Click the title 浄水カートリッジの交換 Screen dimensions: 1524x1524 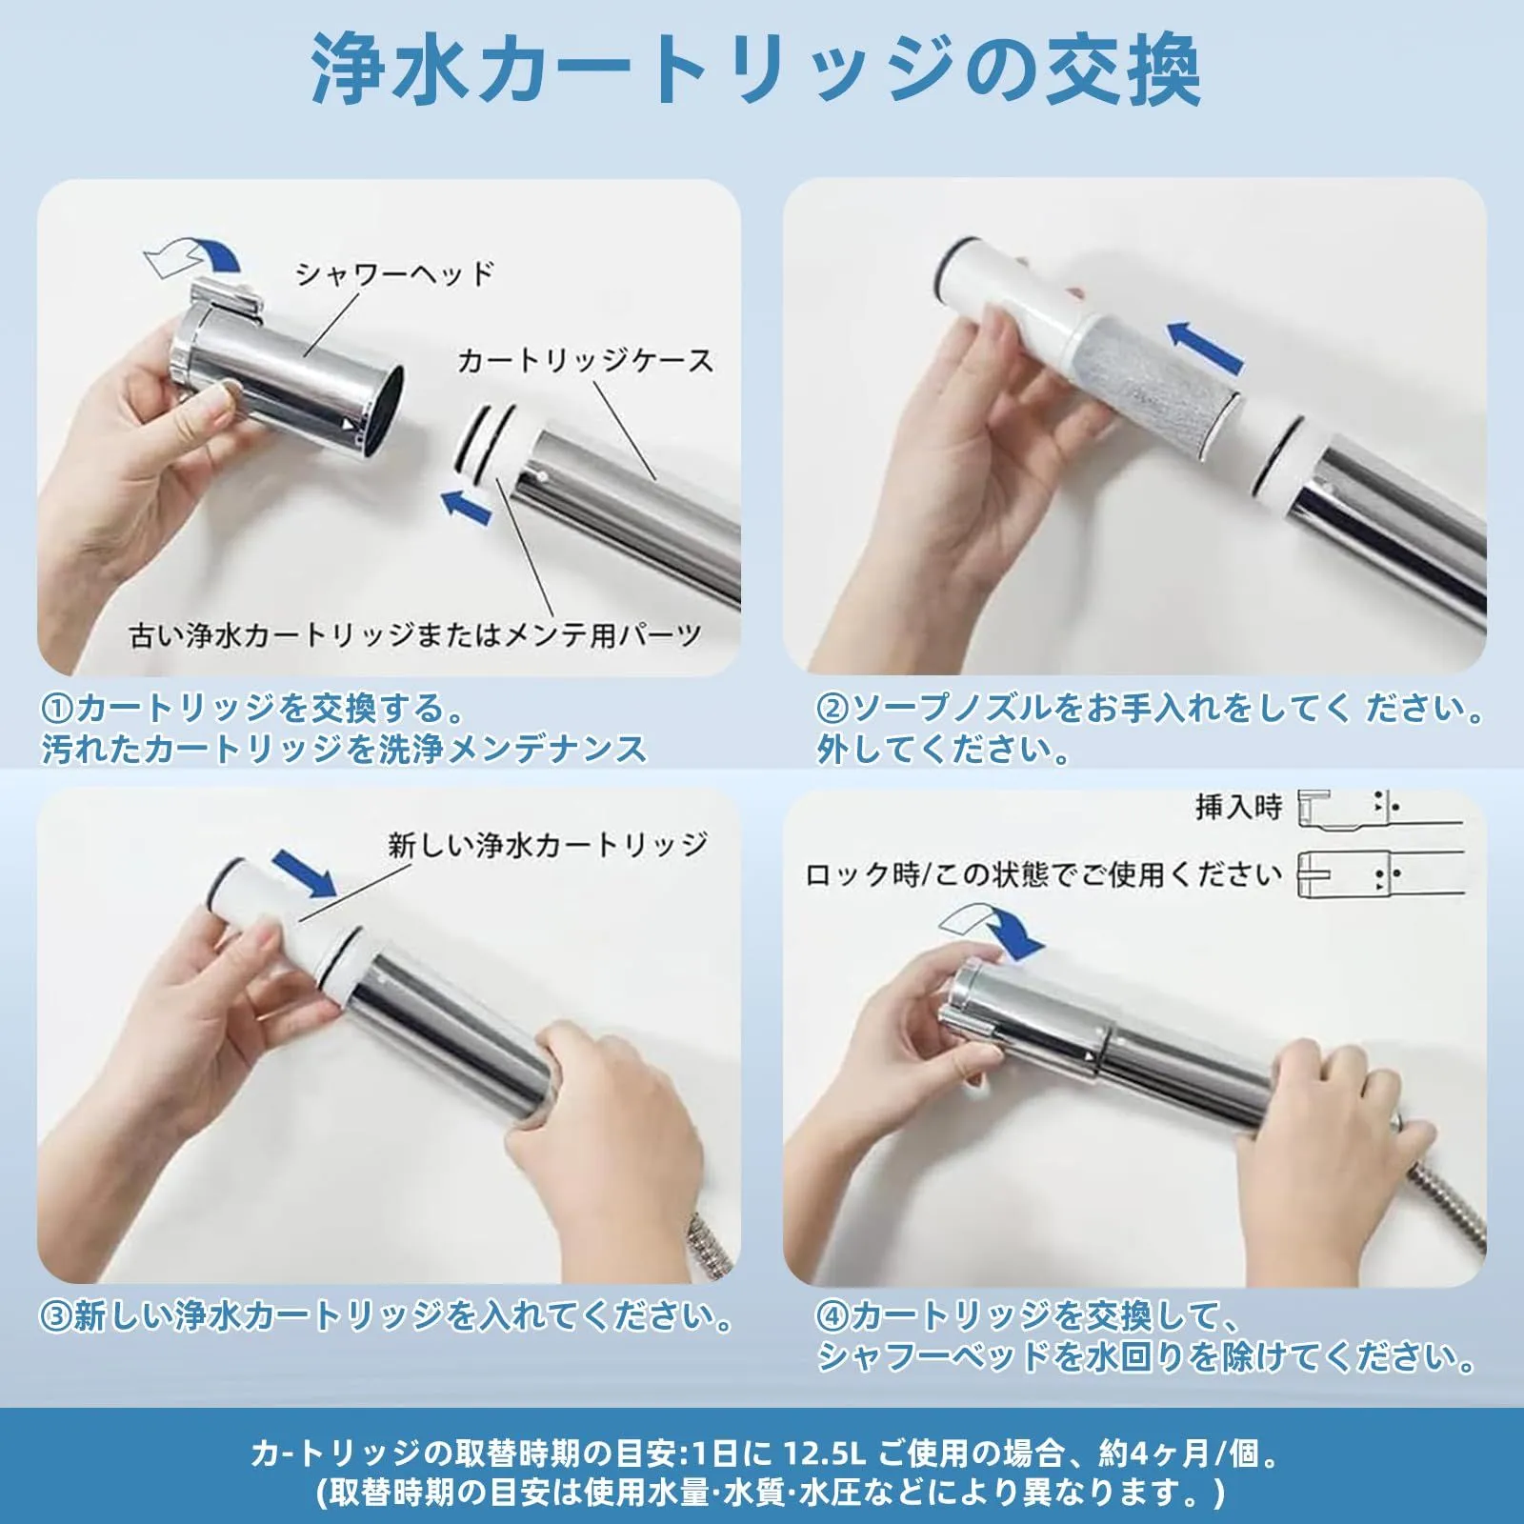(x=756, y=71)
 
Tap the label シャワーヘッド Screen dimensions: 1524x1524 (x=395, y=273)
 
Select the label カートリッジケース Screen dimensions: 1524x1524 (x=585, y=360)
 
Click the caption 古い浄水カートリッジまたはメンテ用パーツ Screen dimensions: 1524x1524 (x=415, y=634)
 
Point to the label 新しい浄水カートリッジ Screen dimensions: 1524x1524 (x=548, y=844)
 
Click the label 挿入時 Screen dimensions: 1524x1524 (x=1239, y=807)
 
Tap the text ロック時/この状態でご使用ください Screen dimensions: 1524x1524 (x=1043, y=873)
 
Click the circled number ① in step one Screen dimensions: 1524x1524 (x=57, y=709)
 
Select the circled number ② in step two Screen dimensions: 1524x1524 (x=832, y=709)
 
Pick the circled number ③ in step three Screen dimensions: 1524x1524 (x=57, y=1315)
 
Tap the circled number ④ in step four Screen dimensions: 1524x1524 (x=832, y=1315)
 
